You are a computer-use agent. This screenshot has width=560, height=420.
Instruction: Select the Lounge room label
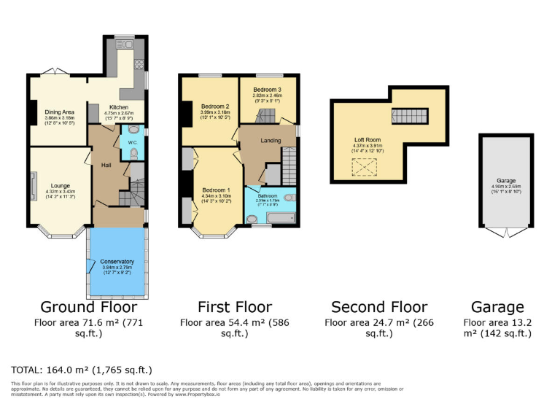tap(61, 185)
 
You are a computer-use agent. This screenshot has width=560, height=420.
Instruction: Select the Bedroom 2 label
tap(216, 106)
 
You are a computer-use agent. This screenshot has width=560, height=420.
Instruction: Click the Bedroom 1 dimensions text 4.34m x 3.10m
tap(216, 195)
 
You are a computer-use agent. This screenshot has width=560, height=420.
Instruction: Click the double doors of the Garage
tap(502, 233)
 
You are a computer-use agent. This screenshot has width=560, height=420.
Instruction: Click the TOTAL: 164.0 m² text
tap(81, 370)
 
